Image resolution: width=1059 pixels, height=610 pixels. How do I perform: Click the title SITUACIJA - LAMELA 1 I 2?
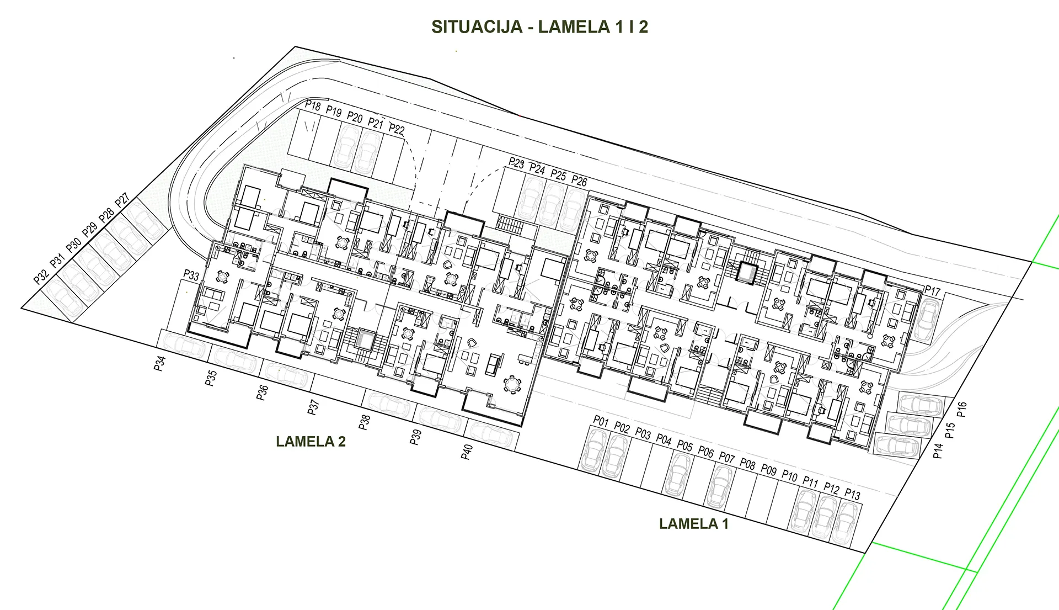point(539,27)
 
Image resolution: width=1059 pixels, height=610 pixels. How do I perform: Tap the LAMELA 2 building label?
point(311,442)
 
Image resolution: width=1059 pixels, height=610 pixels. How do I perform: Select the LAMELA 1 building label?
point(693,524)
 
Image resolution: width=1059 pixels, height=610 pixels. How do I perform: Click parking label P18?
point(313,105)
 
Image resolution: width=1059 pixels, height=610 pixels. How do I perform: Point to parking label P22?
point(397,130)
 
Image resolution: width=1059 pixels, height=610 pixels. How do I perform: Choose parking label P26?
point(579,181)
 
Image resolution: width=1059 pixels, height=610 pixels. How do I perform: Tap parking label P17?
point(933,290)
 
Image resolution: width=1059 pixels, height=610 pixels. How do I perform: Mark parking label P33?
point(191,275)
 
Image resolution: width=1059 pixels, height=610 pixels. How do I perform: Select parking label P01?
point(601,422)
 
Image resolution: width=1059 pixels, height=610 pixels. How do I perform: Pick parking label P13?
point(852,495)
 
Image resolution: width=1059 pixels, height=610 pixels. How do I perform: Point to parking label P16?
point(962,410)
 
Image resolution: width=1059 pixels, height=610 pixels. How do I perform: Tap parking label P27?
point(122,200)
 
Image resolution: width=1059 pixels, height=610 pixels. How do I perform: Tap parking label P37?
point(313,407)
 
